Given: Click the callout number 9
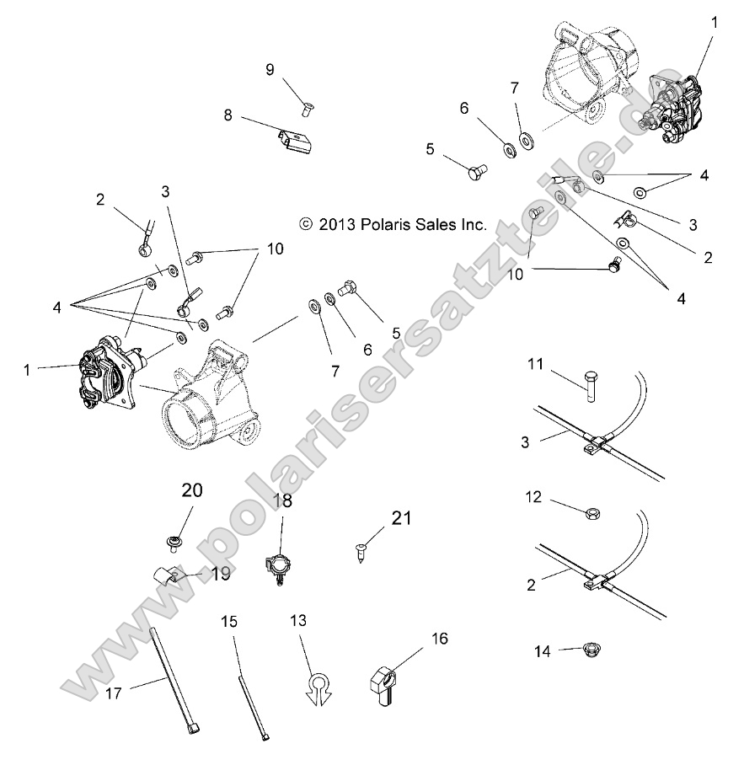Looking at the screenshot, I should pos(270,70).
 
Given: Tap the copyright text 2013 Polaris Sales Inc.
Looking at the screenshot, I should pos(393,224).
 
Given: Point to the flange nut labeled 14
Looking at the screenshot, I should pos(595,650).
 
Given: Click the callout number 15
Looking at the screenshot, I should pos(229,622).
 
